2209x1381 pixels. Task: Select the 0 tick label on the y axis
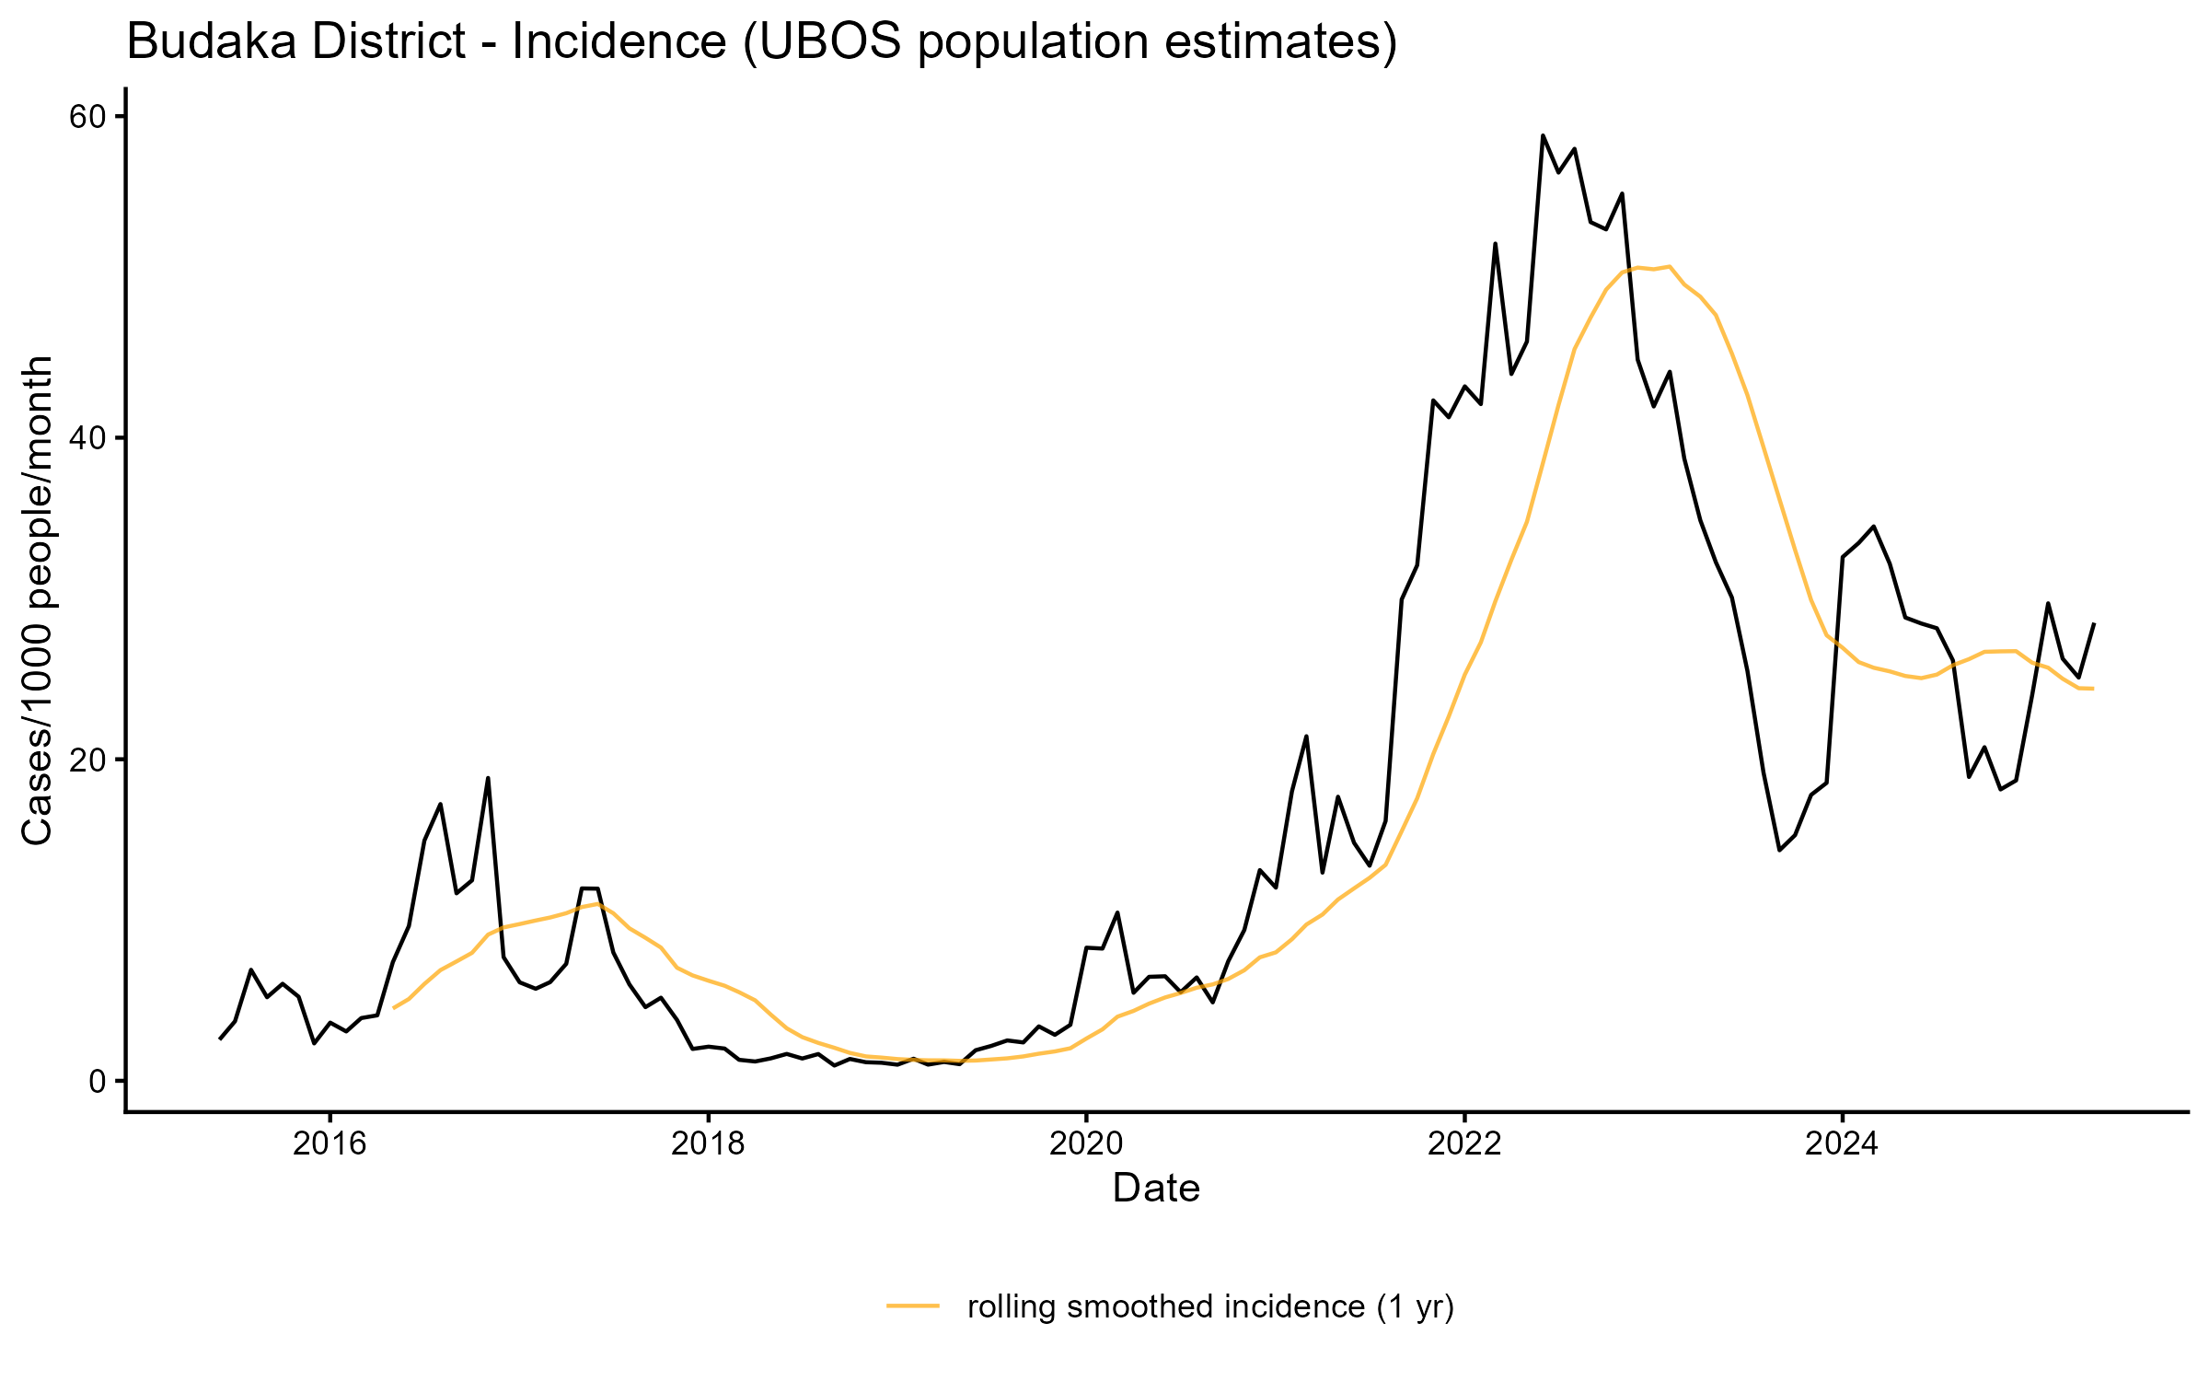pyautogui.click(x=97, y=1081)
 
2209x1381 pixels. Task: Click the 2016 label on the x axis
pyautogui.click(x=330, y=1143)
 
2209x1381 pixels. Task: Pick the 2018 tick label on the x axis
pyautogui.click(x=708, y=1143)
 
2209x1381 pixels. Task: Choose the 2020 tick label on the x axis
pyautogui.click(x=1086, y=1143)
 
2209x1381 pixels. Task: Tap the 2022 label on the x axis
pyautogui.click(x=1464, y=1143)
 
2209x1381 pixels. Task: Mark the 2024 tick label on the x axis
pyautogui.click(x=1842, y=1143)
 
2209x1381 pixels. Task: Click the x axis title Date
pyautogui.click(x=1156, y=1189)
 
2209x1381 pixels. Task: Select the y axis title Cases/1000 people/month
pyautogui.click(x=38, y=600)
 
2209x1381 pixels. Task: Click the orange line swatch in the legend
pyautogui.click(x=913, y=1305)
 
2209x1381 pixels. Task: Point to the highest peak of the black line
pyautogui.click(x=1543, y=136)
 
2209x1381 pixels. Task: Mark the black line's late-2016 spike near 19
pyautogui.click(x=488, y=778)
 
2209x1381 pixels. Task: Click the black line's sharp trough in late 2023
pyautogui.click(x=1779, y=850)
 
